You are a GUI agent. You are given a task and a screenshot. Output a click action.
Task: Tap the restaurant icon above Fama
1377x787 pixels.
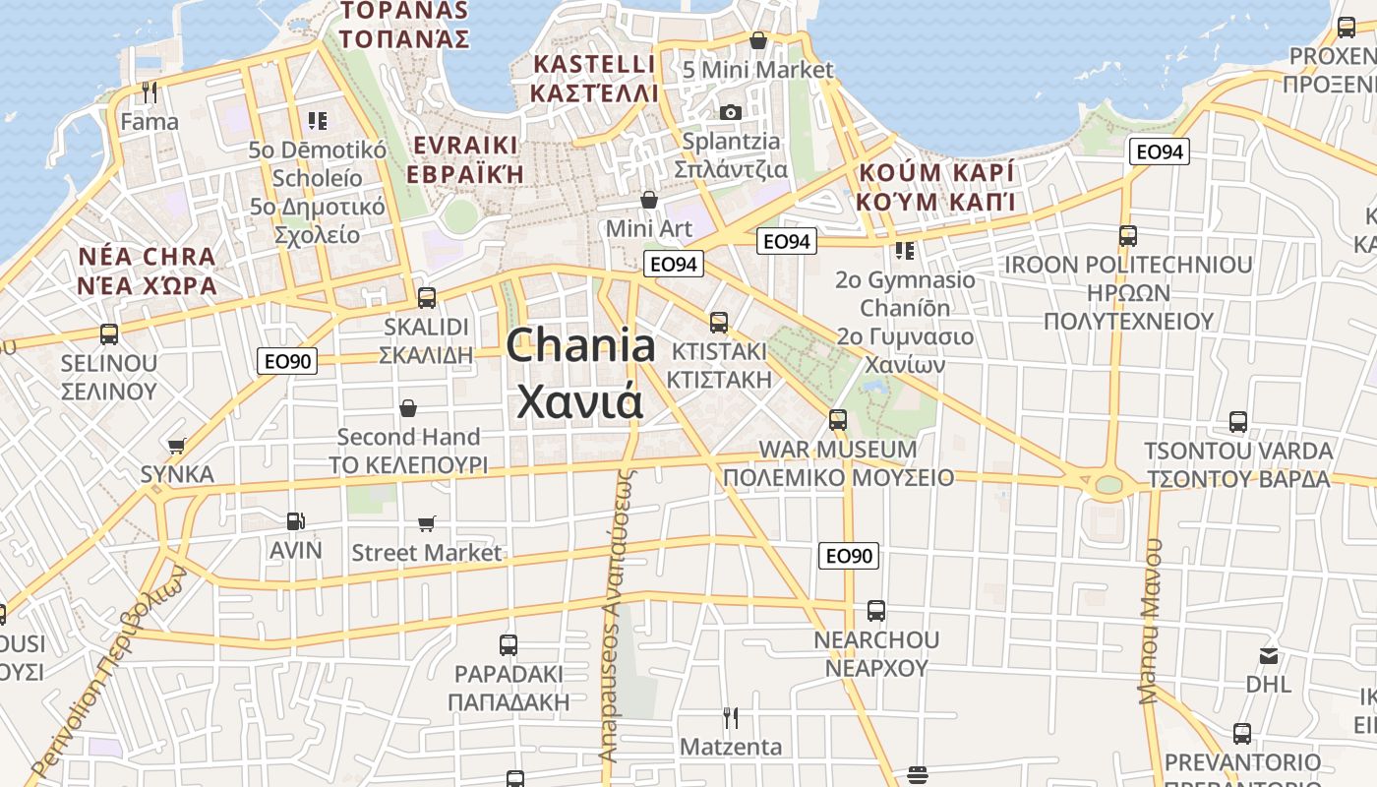[150, 92]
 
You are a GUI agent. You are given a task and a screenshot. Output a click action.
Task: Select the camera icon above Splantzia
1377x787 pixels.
[730, 112]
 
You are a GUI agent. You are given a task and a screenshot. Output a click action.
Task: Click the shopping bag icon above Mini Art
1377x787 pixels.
[649, 200]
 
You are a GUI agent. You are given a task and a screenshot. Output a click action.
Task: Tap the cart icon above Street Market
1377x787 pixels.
[427, 523]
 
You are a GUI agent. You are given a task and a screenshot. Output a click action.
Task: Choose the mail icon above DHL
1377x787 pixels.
[1269, 655]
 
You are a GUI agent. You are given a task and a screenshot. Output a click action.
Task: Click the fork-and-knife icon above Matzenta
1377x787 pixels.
[730, 717]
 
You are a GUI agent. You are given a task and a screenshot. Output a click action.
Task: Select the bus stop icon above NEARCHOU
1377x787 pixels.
[876, 610]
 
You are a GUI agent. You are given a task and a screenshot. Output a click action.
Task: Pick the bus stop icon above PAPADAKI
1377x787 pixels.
[509, 645]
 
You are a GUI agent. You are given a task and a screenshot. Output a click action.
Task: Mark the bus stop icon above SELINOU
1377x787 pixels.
[109, 334]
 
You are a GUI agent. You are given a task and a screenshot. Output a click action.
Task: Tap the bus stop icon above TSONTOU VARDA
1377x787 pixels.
[1238, 422]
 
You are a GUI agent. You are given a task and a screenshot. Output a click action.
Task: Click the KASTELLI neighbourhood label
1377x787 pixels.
[593, 79]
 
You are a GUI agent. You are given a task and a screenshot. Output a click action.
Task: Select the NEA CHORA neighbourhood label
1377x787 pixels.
[148, 272]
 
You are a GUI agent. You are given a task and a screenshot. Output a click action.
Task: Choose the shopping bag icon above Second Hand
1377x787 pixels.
[408, 407]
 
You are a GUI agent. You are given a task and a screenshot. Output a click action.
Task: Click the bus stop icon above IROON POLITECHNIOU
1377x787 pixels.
[1128, 236]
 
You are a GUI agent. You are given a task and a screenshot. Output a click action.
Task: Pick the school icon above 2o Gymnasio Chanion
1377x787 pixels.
[905, 251]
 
